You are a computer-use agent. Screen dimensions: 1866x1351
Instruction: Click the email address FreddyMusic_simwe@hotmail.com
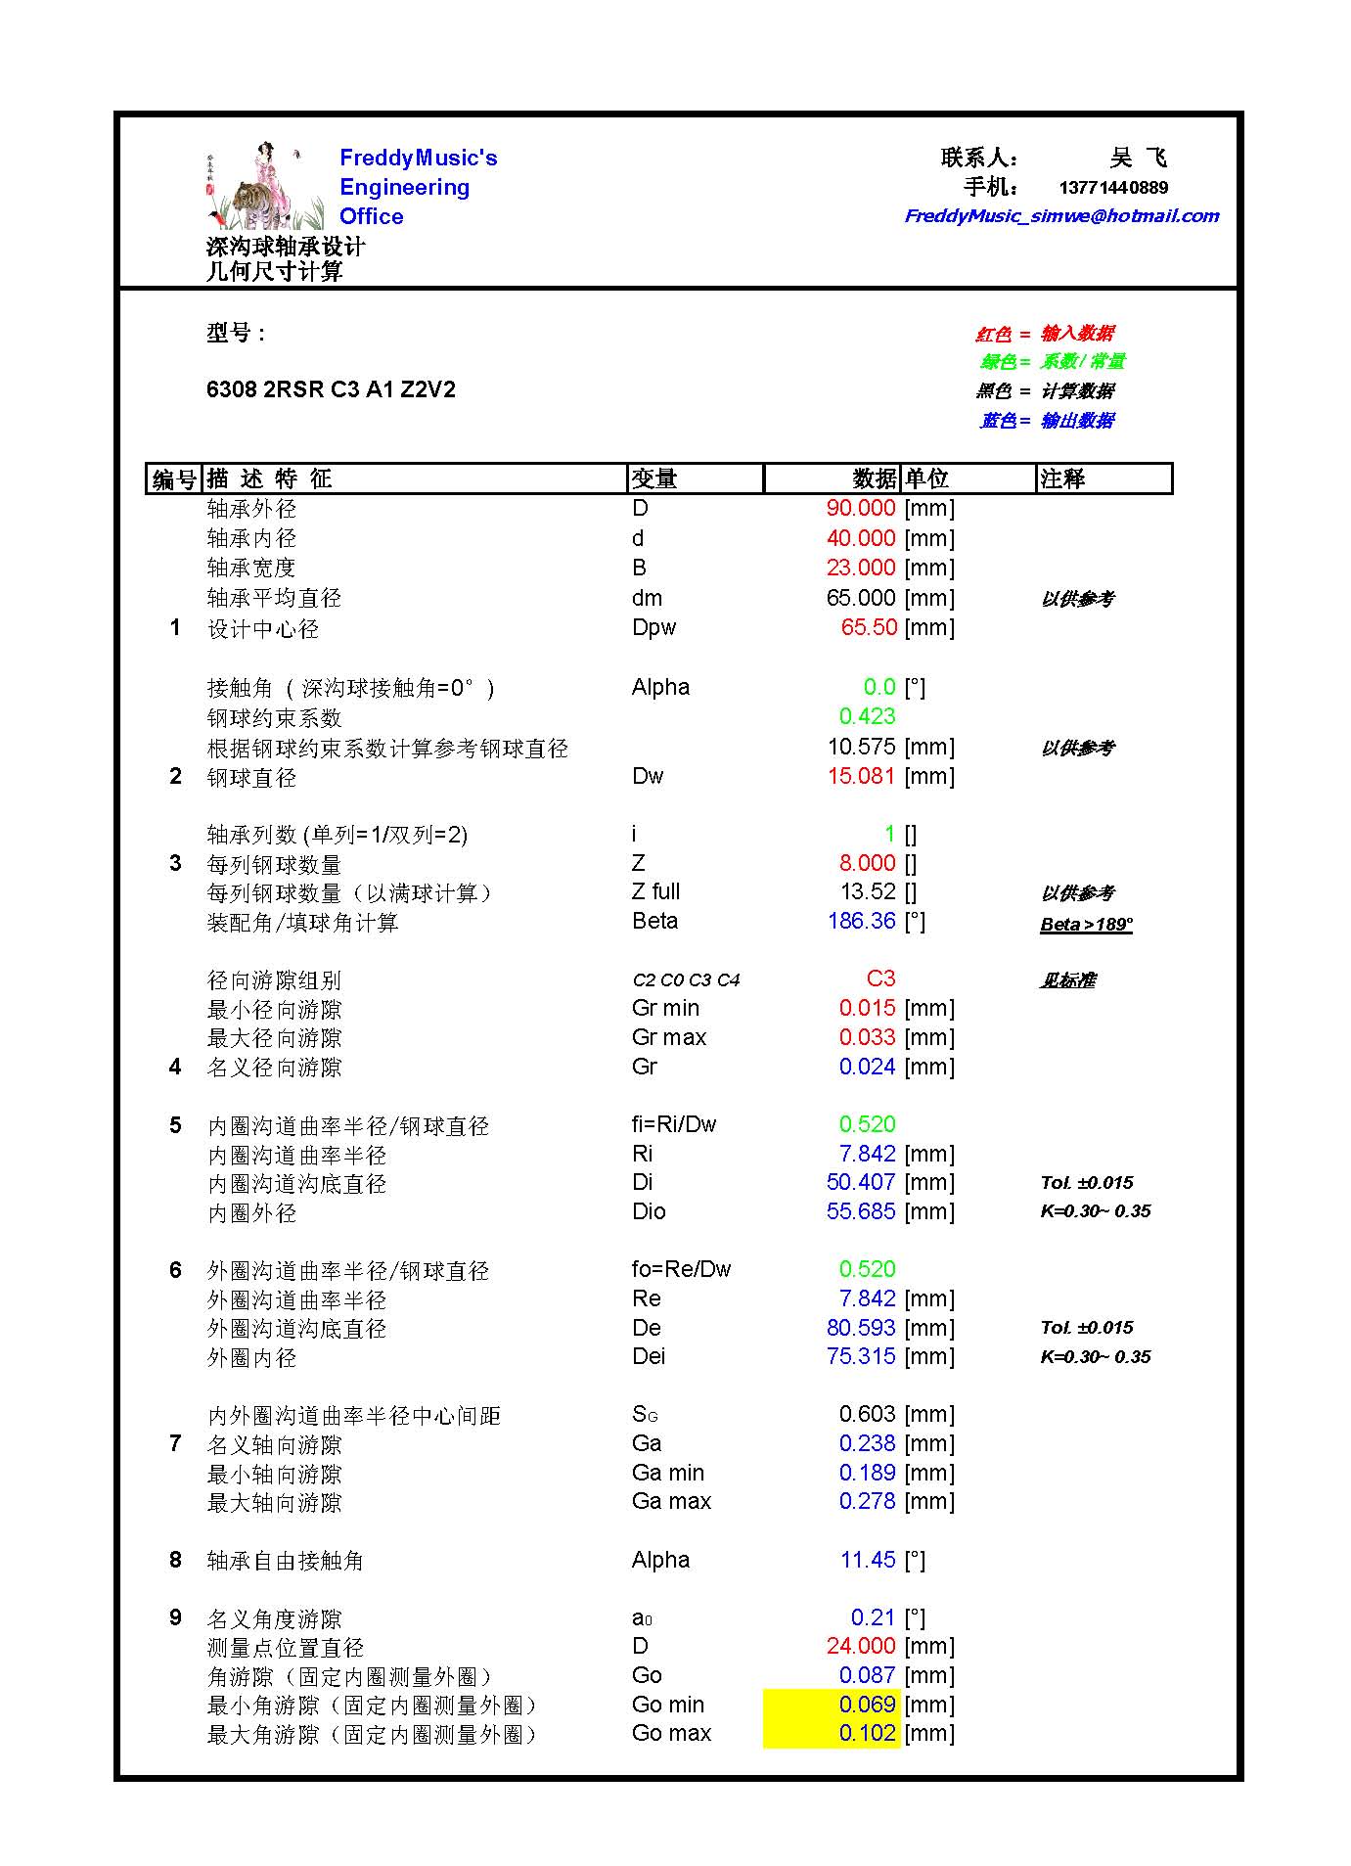point(1061,216)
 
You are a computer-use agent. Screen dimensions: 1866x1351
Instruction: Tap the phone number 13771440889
point(1113,188)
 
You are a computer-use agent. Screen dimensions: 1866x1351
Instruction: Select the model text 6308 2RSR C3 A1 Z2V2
point(331,389)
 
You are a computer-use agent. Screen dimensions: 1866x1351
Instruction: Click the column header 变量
point(654,478)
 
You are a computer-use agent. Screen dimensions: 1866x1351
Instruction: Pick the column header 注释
point(1062,478)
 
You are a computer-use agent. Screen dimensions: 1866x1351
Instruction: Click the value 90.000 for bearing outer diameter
point(861,508)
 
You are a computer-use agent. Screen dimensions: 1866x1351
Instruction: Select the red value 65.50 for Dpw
point(869,627)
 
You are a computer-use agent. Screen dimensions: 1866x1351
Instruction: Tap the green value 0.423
point(867,716)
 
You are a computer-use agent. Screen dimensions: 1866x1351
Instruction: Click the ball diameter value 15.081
point(861,776)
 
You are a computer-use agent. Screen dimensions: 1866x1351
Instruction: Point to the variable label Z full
point(655,891)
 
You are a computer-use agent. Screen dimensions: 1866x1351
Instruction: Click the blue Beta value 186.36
point(861,921)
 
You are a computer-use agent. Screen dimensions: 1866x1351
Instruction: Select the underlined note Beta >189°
point(1086,924)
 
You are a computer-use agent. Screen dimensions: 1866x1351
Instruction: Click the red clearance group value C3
point(880,979)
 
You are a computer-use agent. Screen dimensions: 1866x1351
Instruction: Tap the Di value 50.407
point(861,1182)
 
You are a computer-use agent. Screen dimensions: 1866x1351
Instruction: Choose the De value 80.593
point(861,1328)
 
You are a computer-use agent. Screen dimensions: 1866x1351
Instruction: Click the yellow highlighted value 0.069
point(867,1704)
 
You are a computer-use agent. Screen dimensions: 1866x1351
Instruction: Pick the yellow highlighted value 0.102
point(867,1733)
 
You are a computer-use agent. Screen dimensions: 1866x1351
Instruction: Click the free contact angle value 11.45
point(868,1560)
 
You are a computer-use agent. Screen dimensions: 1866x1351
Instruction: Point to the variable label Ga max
point(671,1501)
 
